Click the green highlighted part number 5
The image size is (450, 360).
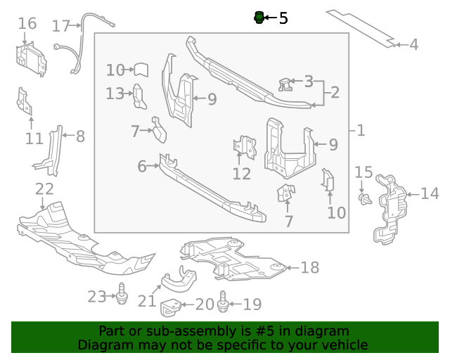click(259, 17)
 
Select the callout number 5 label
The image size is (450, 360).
click(283, 18)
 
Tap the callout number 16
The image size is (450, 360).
click(27, 24)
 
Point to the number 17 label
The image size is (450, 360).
click(61, 26)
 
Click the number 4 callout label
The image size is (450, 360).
click(413, 45)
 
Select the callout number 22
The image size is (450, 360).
click(44, 188)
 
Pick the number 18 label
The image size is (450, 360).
click(309, 267)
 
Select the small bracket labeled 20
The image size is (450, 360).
click(172, 307)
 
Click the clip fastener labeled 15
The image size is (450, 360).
click(363, 198)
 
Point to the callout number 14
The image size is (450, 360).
click(430, 193)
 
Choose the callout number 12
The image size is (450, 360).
click(241, 173)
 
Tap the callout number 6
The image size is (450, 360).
click(142, 167)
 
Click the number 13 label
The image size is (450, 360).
click(115, 93)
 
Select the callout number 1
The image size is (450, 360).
click(361, 130)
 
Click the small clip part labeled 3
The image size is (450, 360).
click(285, 84)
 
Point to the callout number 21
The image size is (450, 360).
click(146, 301)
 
